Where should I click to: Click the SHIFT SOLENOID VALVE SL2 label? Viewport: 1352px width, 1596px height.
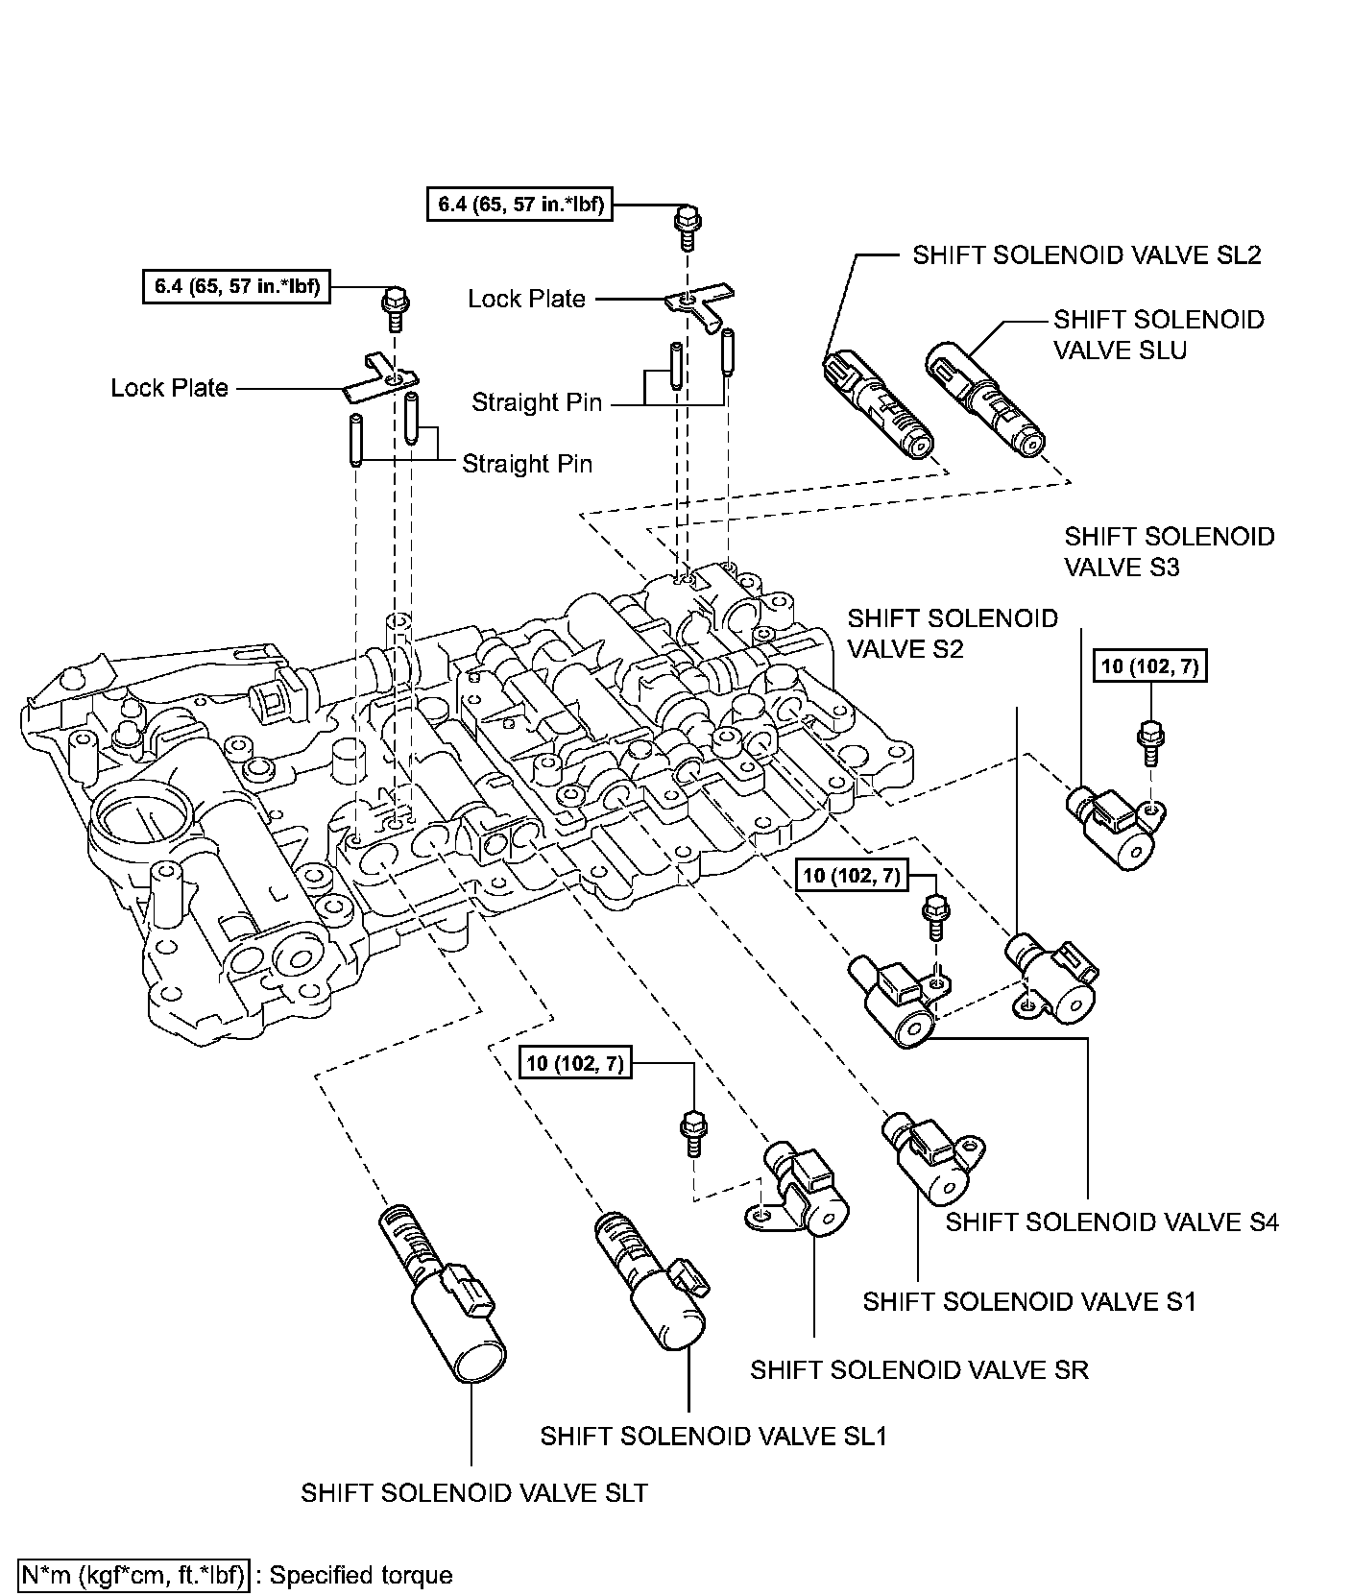(1086, 254)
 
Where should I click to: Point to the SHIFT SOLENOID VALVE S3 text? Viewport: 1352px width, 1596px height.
(1169, 551)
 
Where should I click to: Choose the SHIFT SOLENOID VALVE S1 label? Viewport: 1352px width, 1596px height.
(1029, 1301)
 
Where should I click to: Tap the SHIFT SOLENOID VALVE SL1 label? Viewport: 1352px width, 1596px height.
(713, 1436)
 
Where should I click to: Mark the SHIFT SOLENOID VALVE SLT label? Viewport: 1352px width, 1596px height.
(474, 1492)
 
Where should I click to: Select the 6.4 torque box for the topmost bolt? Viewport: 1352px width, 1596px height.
(519, 204)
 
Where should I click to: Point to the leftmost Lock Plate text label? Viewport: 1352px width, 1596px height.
(169, 388)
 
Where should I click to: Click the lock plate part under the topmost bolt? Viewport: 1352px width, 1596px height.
(697, 306)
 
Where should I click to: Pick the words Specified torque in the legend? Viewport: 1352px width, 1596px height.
(361, 1575)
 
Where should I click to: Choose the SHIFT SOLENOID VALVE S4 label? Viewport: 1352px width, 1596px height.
(1112, 1221)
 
